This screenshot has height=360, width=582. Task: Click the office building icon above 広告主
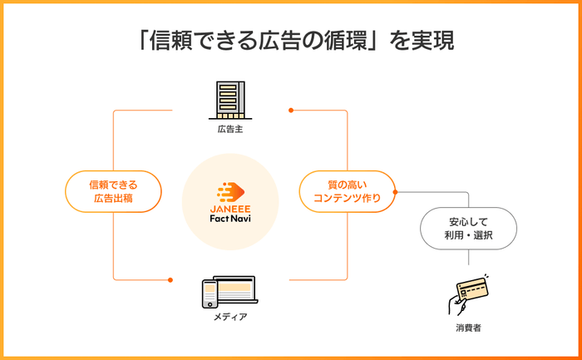pos(230,101)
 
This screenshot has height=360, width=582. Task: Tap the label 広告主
pos(230,129)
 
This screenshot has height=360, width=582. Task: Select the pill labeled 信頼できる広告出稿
pos(113,191)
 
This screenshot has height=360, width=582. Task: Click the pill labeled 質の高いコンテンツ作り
pos(347,191)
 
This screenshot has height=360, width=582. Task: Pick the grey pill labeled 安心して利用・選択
pos(468,229)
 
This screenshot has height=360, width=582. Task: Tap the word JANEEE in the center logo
pos(230,209)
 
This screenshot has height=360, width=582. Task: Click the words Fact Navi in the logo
pos(230,218)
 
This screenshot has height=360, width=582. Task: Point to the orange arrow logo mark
pos(230,192)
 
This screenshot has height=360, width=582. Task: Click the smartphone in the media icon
pos(210,294)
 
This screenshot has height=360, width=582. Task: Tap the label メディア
pos(230,317)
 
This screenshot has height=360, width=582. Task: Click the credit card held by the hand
pos(472,289)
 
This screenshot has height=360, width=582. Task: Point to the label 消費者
pos(468,328)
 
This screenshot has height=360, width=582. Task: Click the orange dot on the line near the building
pos(291,111)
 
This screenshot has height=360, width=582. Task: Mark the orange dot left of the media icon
pos(170,280)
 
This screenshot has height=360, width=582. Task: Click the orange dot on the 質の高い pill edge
pos(395,192)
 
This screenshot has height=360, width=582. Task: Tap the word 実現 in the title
pos(433,41)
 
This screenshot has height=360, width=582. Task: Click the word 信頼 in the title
pos(170,41)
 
